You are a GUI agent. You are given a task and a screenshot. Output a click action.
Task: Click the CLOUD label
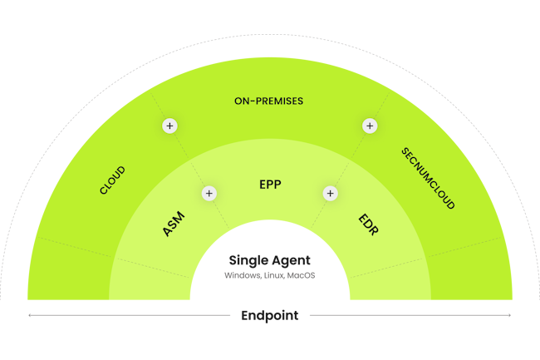112,180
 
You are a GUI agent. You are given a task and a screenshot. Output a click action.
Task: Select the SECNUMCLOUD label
428,179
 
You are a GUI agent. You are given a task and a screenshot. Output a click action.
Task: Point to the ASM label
174,224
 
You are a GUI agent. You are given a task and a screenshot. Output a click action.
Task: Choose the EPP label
271,185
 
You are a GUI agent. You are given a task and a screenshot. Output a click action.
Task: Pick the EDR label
367,224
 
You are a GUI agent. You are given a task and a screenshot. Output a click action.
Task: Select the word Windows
241,275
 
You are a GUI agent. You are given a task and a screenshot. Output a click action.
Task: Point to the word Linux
272,275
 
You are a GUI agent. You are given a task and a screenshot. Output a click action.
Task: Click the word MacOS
302,275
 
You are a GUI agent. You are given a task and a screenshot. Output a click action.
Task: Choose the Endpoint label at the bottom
270,316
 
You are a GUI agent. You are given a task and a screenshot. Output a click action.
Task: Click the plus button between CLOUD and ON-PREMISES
169,126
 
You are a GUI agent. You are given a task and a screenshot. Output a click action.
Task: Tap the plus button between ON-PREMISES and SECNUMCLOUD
370,126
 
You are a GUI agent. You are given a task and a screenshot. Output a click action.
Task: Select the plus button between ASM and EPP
209,193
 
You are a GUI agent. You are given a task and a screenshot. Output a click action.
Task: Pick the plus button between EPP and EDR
331,193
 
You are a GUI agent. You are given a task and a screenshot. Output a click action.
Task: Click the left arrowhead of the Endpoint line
31,316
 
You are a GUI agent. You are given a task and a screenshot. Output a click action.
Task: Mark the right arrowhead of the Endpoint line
509,316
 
